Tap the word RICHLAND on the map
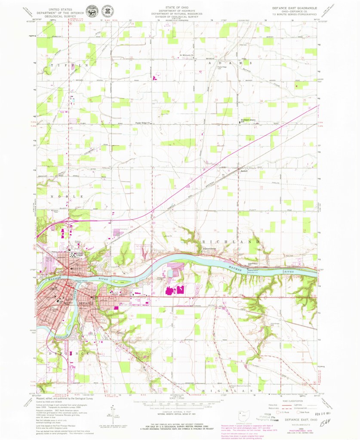tap(234, 242)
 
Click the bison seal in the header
tap(91, 11)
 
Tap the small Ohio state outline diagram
tap(244, 417)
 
